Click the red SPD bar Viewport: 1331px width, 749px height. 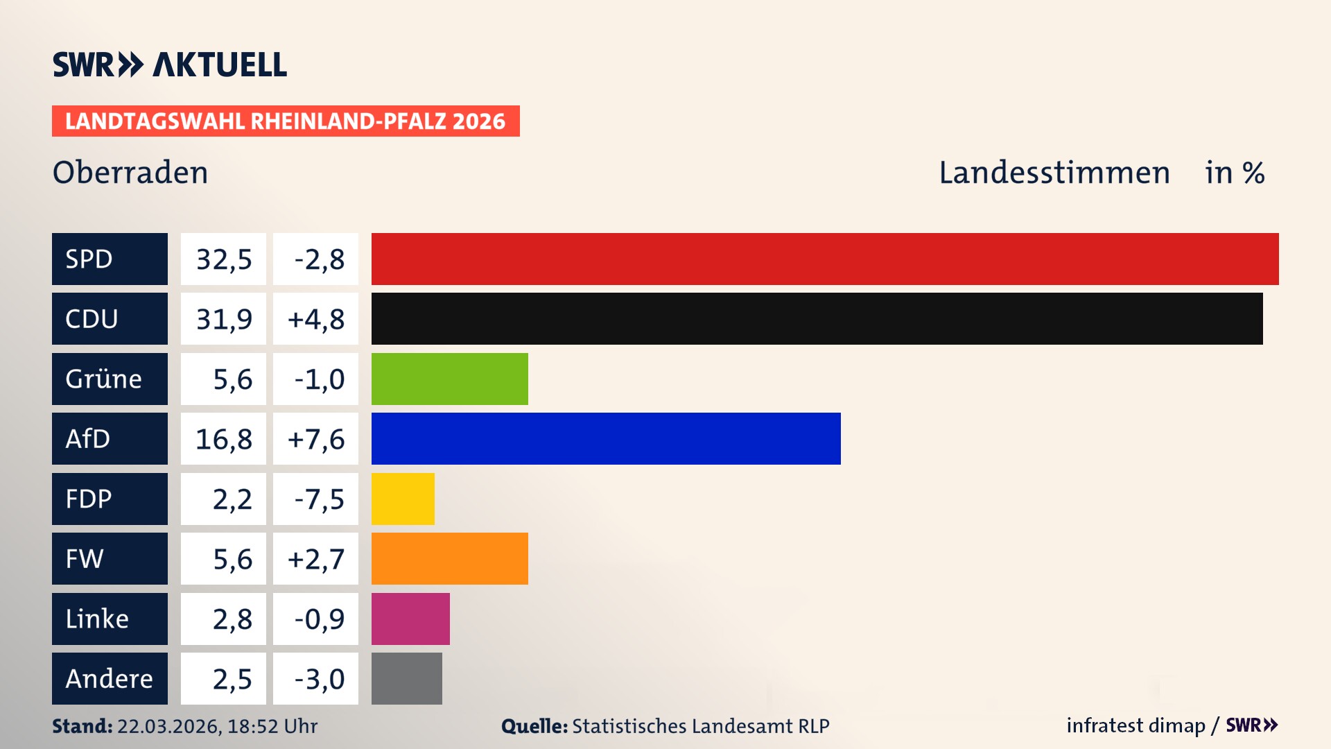point(825,259)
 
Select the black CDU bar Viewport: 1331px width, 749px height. point(817,318)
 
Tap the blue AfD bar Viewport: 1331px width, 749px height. point(606,438)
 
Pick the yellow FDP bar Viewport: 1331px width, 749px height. point(403,499)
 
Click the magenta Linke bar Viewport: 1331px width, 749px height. point(410,619)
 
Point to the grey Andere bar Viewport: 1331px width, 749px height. point(406,678)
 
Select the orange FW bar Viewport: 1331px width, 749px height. point(449,558)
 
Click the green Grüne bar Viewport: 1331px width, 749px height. point(449,379)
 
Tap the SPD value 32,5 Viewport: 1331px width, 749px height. point(223,259)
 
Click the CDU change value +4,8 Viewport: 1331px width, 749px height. point(315,319)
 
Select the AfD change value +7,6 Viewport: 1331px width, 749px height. point(315,439)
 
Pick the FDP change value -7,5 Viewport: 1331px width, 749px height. point(319,499)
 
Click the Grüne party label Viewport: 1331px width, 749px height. point(104,379)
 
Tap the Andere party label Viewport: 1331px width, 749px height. point(109,678)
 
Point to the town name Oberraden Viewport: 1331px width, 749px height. point(130,172)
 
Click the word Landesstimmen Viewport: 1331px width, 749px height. point(1054,172)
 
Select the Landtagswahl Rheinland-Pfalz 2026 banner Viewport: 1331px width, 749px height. point(286,121)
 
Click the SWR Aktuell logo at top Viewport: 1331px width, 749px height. point(170,64)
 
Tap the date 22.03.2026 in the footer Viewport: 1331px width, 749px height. point(168,726)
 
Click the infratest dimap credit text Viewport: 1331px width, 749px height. point(1136,725)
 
